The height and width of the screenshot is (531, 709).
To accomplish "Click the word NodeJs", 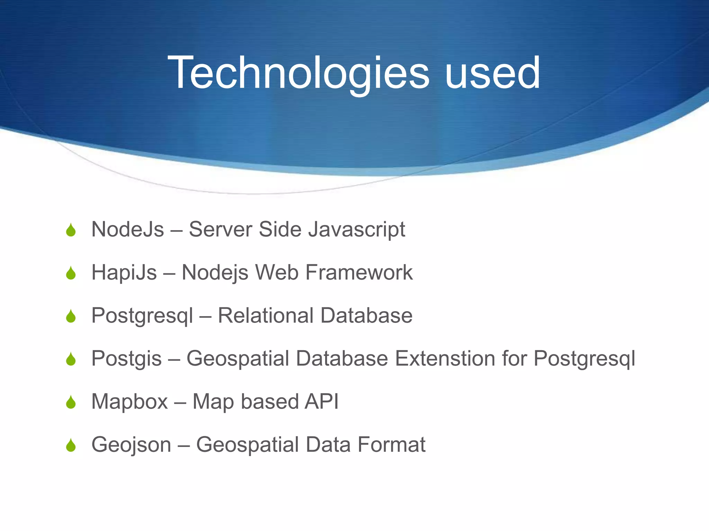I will [127, 229].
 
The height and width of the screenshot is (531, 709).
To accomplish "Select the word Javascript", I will [357, 230].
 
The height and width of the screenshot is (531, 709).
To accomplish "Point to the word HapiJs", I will [124, 272].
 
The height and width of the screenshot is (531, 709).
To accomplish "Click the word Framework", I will [359, 272].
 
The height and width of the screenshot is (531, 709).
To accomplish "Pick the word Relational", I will [265, 315].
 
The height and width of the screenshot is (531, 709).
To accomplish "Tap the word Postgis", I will [126, 359].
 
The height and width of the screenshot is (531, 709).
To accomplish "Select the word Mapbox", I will [129, 402].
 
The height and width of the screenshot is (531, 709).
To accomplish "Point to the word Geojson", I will [131, 445].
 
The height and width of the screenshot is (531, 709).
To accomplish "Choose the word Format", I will [391, 445].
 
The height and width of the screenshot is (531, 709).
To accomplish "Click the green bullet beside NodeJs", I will [71, 231].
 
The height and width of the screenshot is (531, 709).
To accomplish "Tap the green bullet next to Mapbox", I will [71, 403].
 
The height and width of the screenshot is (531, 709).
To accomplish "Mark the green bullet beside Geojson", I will [71, 446].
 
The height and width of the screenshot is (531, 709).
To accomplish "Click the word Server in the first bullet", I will [221, 229].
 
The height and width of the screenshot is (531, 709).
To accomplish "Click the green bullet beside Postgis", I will [71, 360].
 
